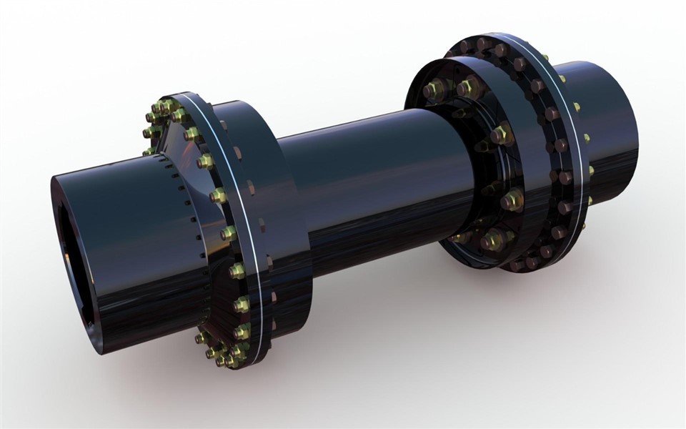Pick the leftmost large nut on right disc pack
point(433,91)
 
